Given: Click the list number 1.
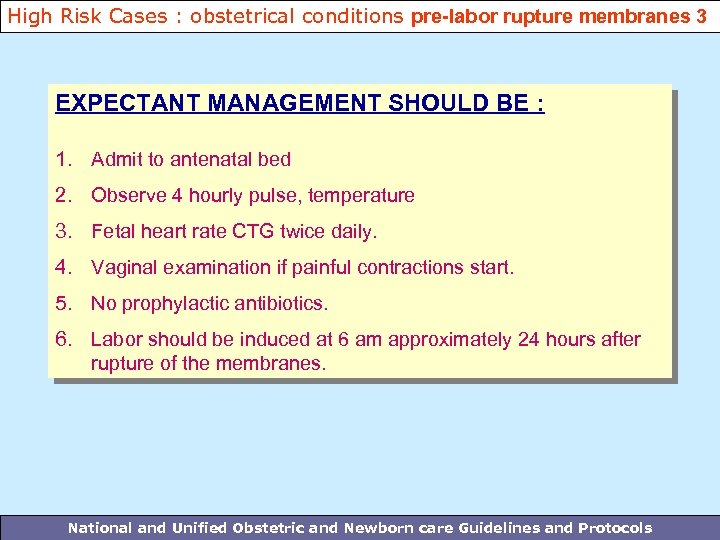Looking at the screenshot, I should (64, 159).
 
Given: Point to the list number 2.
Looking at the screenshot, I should (64, 195).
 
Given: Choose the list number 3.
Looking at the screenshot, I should (64, 231).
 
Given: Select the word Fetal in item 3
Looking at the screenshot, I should (113, 231).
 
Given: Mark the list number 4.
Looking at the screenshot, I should (64, 267).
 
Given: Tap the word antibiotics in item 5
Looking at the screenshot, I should (283, 303).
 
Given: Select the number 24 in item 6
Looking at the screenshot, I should (528, 339).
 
